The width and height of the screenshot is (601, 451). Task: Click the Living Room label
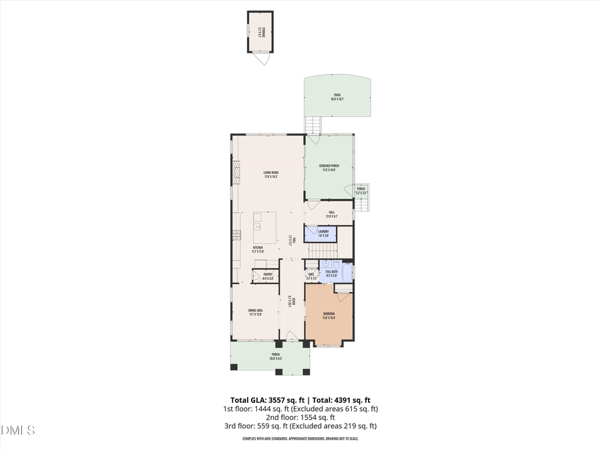(270, 174)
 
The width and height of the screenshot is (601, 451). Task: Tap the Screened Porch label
(329, 168)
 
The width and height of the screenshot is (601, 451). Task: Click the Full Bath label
(332, 273)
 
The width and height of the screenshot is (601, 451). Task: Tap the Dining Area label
(254, 312)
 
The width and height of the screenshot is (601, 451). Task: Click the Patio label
(337, 97)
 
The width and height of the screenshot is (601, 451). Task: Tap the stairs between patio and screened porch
(313, 125)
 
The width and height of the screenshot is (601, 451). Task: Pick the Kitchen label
(258, 248)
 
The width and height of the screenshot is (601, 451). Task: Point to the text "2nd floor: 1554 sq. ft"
(300, 417)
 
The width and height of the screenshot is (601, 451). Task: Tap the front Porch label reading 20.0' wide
(276, 356)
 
